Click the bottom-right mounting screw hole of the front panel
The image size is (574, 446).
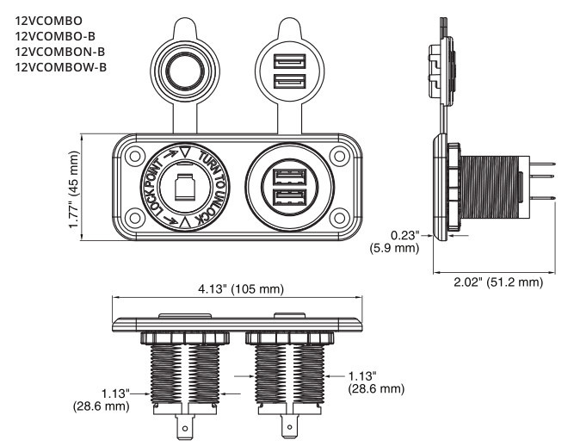point(339,215)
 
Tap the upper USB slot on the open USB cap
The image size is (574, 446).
point(286,62)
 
